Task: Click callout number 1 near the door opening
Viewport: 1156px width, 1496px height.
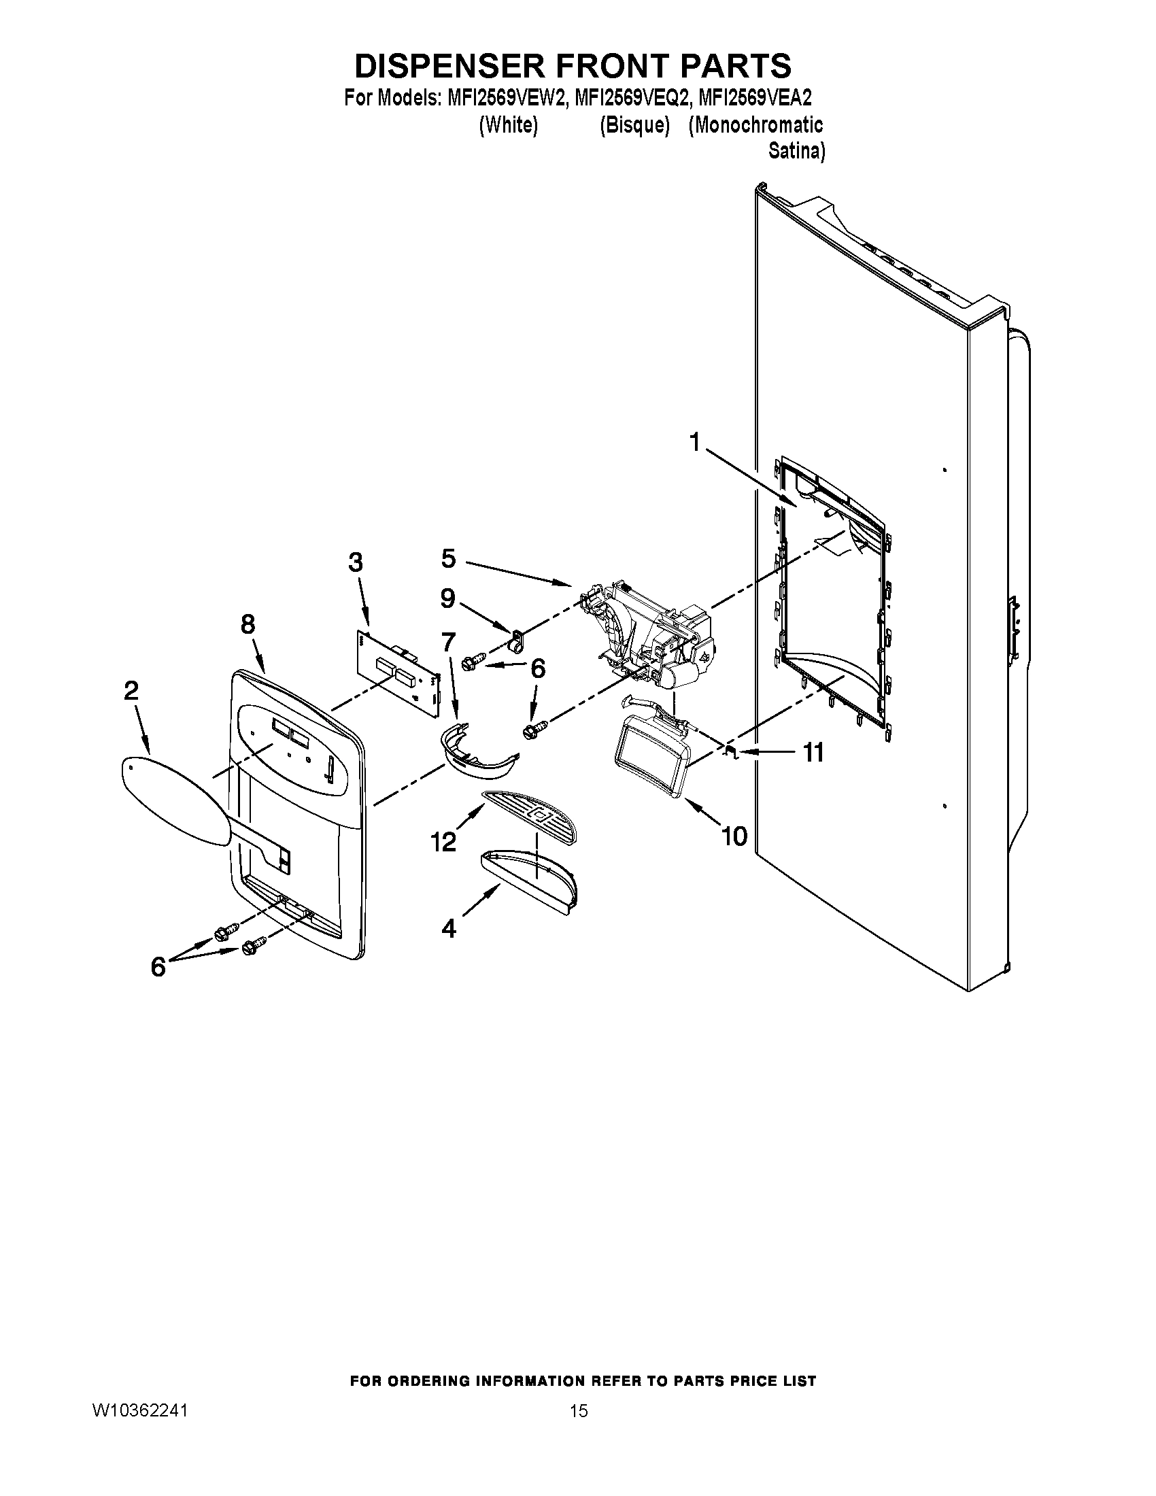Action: click(695, 443)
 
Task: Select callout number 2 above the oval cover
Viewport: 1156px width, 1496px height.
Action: click(131, 690)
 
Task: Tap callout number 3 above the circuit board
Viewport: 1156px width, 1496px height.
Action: click(356, 562)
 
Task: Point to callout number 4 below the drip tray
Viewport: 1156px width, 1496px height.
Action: click(449, 929)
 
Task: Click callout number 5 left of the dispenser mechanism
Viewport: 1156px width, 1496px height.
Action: click(448, 558)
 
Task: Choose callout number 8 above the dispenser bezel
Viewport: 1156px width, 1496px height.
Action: click(248, 624)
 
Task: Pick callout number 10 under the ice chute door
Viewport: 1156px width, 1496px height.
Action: click(735, 836)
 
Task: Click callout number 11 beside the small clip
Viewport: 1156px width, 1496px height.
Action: click(813, 753)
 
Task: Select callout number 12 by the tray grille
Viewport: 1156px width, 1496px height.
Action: click(443, 841)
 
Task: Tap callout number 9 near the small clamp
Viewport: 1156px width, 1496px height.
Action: click(447, 598)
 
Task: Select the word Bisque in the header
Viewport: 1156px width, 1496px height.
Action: click(634, 125)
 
